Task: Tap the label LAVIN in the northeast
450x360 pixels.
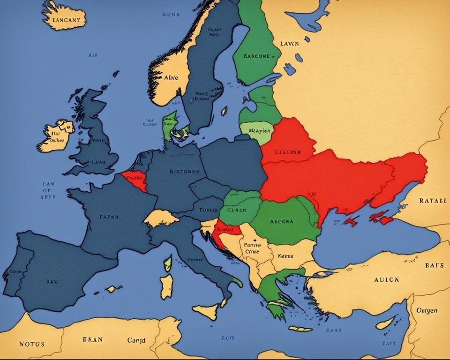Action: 289,44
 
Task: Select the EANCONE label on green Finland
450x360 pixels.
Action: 257,56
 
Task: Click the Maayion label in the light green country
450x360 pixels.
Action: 257,131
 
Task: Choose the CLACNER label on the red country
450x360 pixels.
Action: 288,152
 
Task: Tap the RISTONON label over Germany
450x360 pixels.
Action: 184,171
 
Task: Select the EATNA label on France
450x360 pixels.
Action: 109,217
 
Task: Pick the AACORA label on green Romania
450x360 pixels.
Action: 282,221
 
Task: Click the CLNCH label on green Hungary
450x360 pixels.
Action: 236,210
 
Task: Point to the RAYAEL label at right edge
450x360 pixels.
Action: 433,200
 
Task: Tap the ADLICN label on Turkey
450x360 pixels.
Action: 386,279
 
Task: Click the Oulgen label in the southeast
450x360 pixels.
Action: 427,310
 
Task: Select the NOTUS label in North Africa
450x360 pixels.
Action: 31,344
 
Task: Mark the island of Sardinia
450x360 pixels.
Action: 166,286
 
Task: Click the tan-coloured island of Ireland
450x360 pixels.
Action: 56,136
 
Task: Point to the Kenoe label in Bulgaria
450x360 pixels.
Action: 285,256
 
